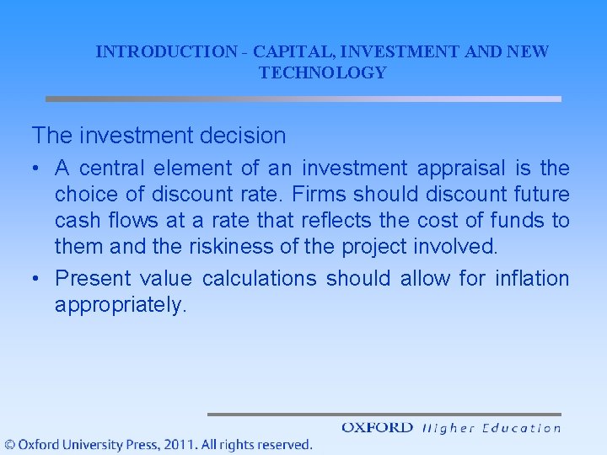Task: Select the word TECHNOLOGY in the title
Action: (323, 73)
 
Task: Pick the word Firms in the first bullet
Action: (320, 195)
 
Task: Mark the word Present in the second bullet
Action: (93, 278)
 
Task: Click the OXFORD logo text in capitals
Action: (378, 428)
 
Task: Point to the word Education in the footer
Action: (521, 428)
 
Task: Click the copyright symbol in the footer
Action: (9, 444)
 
